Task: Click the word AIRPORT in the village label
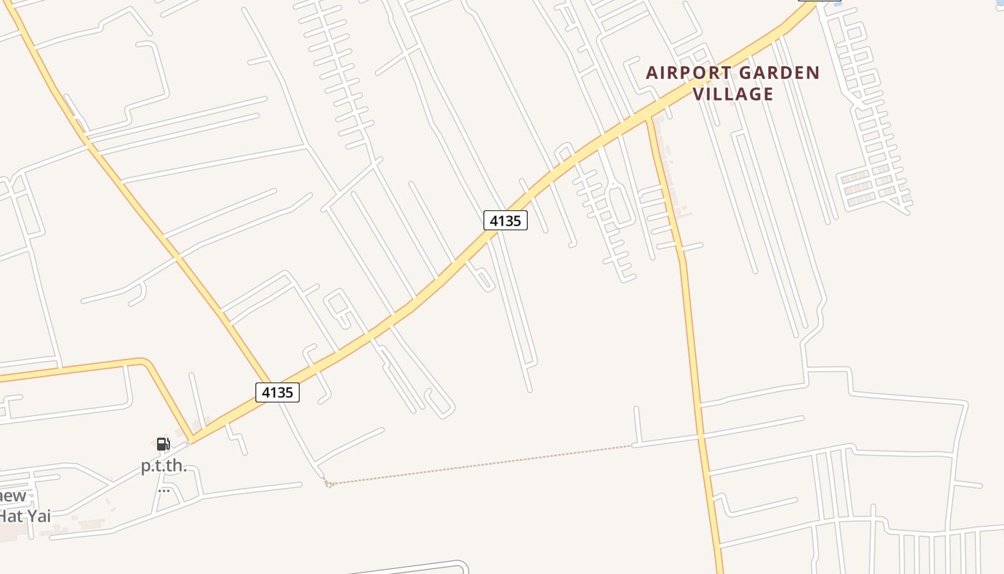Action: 689,72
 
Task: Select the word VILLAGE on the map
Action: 733,94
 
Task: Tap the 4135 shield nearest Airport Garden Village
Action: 505,220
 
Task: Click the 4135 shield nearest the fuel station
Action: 278,392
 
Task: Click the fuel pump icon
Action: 164,444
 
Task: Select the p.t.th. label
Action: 164,466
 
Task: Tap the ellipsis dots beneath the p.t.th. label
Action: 164,491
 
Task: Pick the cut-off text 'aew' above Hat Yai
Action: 13,496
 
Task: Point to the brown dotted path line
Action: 480,464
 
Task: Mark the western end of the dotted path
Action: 328,484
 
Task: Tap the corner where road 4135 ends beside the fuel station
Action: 191,440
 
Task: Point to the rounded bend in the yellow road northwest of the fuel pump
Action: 147,361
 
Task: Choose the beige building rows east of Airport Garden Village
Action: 871,187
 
